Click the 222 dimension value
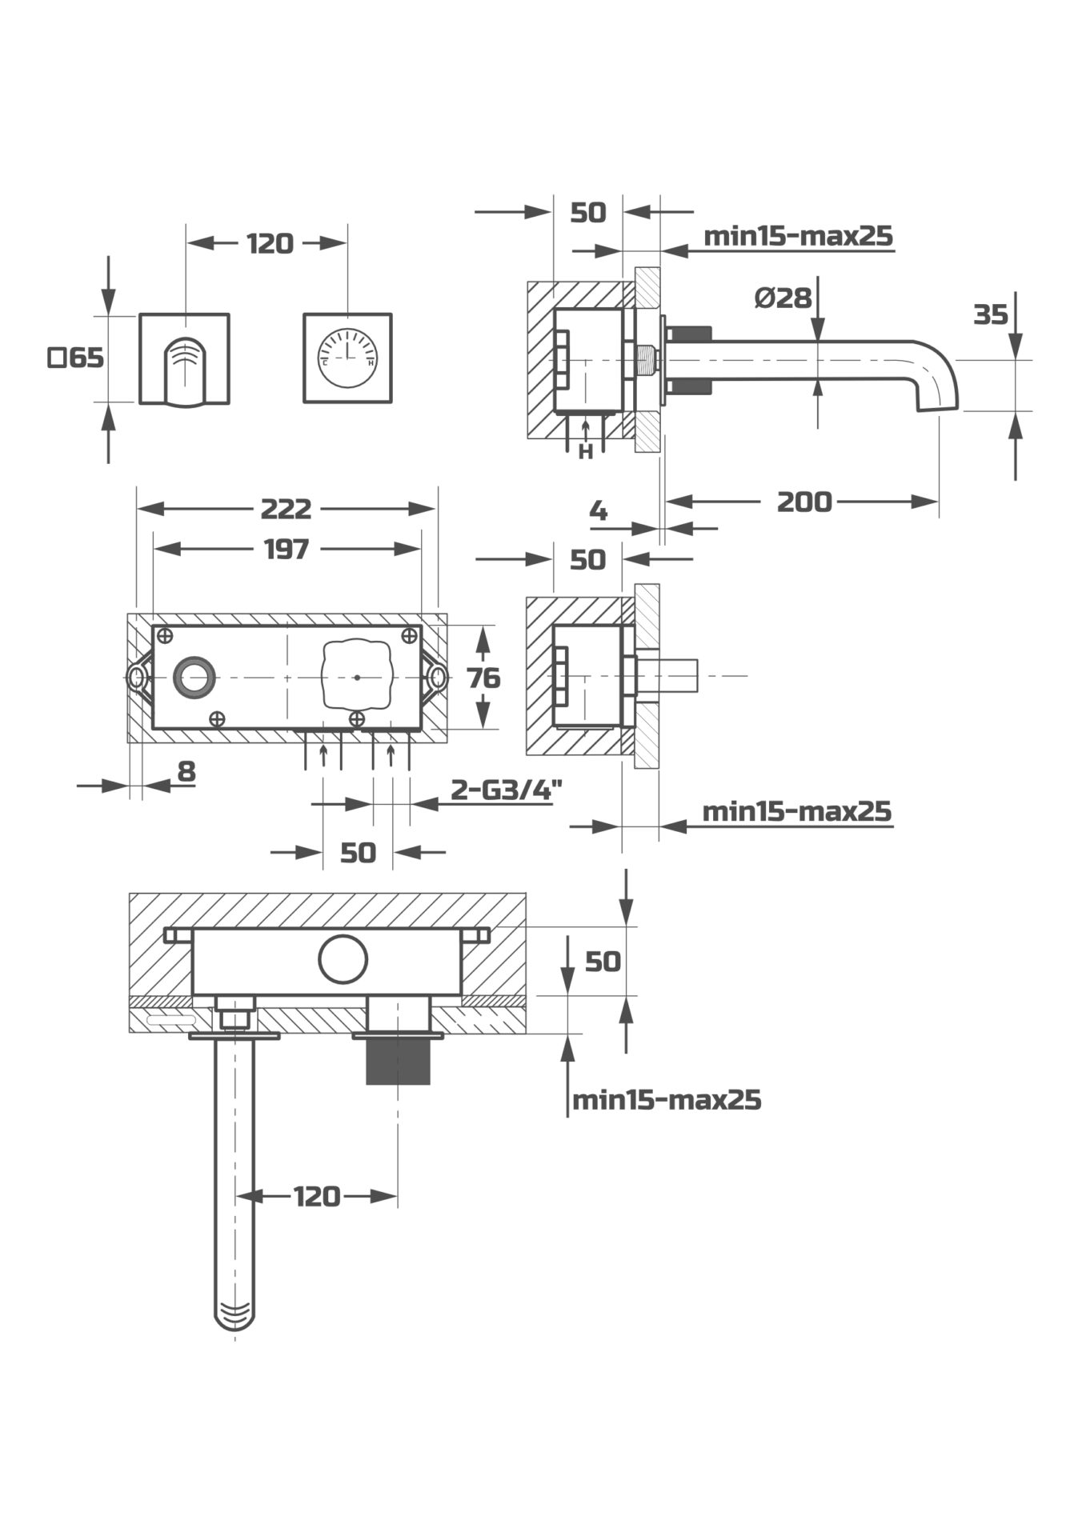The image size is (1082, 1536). pos(286,509)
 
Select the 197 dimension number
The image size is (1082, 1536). pos(286,550)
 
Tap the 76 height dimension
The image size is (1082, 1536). pos(483,678)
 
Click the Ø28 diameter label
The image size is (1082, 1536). pos(783,298)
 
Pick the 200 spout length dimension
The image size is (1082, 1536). pos(804,502)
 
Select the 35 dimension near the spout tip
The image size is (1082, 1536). pos(990,315)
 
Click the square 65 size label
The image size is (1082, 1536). pos(76,358)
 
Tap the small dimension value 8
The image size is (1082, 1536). pos(186,772)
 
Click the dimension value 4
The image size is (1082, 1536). pos(598,510)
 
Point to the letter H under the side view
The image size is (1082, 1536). pos(586,453)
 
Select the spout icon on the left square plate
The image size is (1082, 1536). pos(185,371)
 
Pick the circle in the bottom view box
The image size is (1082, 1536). pos(343,958)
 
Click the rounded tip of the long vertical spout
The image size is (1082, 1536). pos(234,1318)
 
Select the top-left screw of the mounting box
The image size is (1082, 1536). pos(165,636)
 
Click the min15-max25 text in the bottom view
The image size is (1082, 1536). pos(667,1100)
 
